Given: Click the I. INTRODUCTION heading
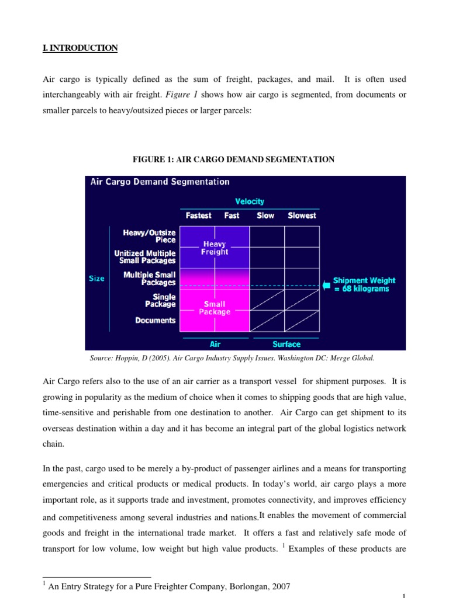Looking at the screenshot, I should [x=80, y=48].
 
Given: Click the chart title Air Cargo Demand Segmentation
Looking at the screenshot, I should [x=160, y=182].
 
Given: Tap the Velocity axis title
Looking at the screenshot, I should [x=250, y=201].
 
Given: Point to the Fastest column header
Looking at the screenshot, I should [x=198, y=215].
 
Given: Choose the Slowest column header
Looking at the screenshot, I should [x=302, y=215].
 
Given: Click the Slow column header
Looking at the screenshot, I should [x=265, y=215].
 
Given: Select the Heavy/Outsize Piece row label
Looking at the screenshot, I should [x=149, y=236].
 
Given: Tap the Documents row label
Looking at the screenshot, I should [x=155, y=320].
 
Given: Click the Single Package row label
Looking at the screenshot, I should [x=160, y=300].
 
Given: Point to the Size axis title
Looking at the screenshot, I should [x=96, y=279].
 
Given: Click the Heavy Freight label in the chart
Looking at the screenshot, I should [x=215, y=248].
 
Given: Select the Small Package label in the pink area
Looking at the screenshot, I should [x=215, y=308].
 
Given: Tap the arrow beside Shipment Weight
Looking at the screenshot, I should [x=326, y=285].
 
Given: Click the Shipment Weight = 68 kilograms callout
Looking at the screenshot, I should [x=364, y=285].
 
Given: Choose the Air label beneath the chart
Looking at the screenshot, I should [x=215, y=344].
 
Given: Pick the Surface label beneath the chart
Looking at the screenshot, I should [x=286, y=344].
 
